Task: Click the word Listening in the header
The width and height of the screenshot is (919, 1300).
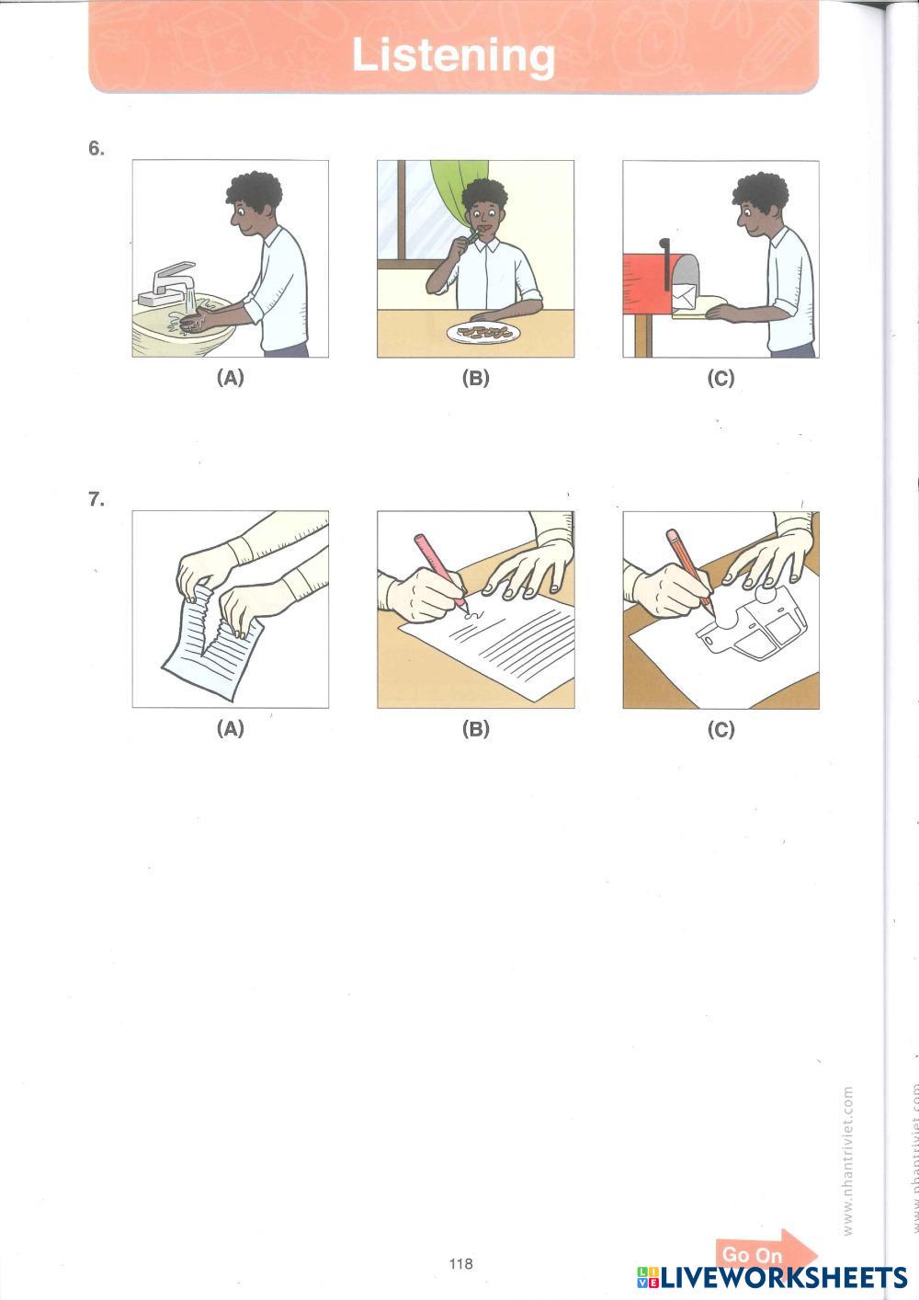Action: [453, 56]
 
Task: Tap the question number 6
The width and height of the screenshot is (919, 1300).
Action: [96, 149]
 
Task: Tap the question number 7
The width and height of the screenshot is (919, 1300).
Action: [96, 499]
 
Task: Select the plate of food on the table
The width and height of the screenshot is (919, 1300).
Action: [483, 333]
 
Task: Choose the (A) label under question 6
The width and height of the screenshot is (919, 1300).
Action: [231, 378]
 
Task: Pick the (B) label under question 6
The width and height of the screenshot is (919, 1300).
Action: [476, 378]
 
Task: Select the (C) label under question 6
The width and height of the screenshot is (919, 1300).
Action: [721, 378]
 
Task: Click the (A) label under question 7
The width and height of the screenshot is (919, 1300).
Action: [231, 728]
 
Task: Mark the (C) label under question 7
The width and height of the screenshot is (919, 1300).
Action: [721, 728]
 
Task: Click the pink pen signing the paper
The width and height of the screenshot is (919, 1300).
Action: [440, 570]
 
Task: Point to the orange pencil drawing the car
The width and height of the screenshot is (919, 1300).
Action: [690, 571]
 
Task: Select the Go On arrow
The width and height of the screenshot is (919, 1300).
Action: [766, 1254]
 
